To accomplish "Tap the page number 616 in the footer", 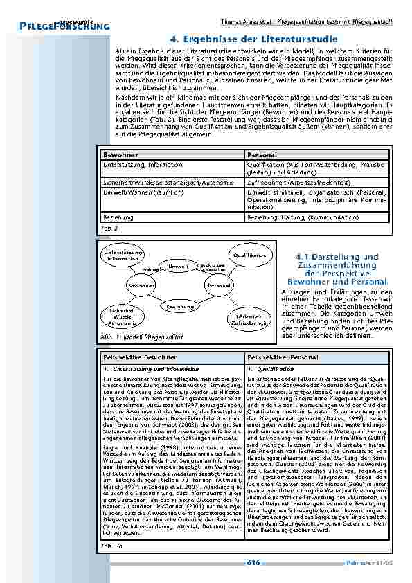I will [253, 564].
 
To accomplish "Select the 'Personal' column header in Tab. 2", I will [262, 155].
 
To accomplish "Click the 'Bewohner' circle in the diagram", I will [141, 285].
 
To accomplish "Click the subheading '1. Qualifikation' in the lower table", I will [265, 369].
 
